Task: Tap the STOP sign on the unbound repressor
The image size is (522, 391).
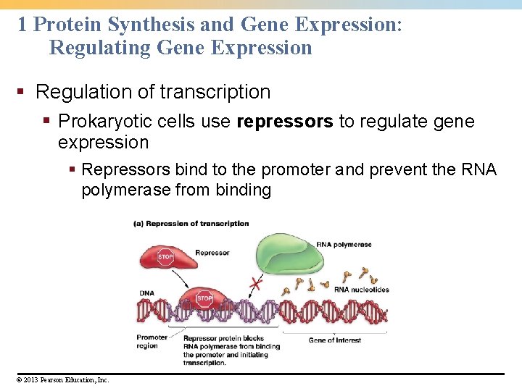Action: pos(166,256)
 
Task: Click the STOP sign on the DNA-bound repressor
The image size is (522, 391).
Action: pos(204,298)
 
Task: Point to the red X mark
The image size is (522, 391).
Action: pos(254,285)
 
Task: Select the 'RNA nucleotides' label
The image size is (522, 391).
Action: pos(361,290)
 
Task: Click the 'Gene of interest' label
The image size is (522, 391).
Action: pos(334,340)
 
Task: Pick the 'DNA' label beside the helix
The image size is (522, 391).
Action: pos(146,293)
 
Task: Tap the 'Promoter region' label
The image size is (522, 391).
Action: pos(152,341)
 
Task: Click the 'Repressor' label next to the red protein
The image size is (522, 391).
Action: pos(212,253)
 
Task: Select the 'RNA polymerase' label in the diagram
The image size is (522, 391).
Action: pos(344,245)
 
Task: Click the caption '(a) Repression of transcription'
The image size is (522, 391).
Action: pos(191,224)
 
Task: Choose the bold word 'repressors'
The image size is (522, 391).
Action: pos(285,121)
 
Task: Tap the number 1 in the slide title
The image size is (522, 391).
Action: pos(22,25)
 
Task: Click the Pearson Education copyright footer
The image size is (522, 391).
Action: pos(60,379)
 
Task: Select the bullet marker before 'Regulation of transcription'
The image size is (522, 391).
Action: pos(23,93)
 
